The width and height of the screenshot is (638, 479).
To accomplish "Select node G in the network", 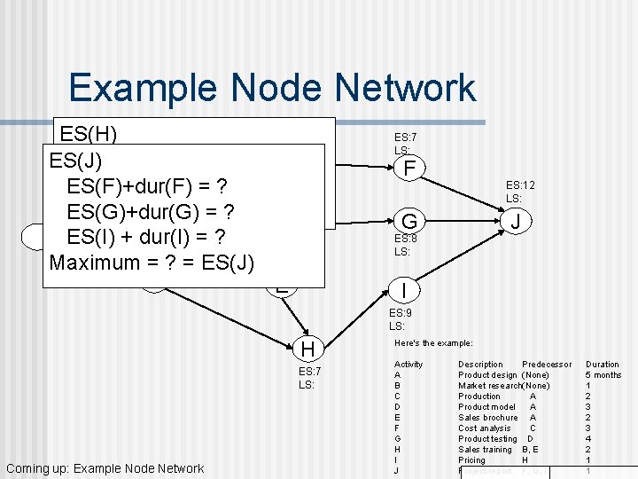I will pyautogui.click(x=408, y=221).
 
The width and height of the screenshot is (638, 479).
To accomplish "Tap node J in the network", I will pyautogui.click(x=515, y=221).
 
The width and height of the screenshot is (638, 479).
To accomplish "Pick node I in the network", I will pyautogui.click(x=404, y=290).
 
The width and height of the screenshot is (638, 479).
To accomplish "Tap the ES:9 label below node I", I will pyautogui.click(x=396, y=313).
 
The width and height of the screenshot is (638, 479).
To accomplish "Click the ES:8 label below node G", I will pyautogui.click(x=405, y=239).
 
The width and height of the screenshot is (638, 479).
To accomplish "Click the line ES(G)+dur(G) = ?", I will pyautogui.click(x=149, y=212).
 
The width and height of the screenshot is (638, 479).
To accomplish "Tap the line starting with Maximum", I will pyautogui.click(x=152, y=263).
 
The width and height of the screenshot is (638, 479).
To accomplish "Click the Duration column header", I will pyautogui.click(x=603, y=365).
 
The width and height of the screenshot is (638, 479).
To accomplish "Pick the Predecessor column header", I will pyautogui.click(x=547, y=365).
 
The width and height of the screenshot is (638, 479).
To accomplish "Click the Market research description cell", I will pyautogui.click(x=489, y=386).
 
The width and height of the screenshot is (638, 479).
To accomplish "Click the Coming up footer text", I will pyautogui.click(x=105, y=468).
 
